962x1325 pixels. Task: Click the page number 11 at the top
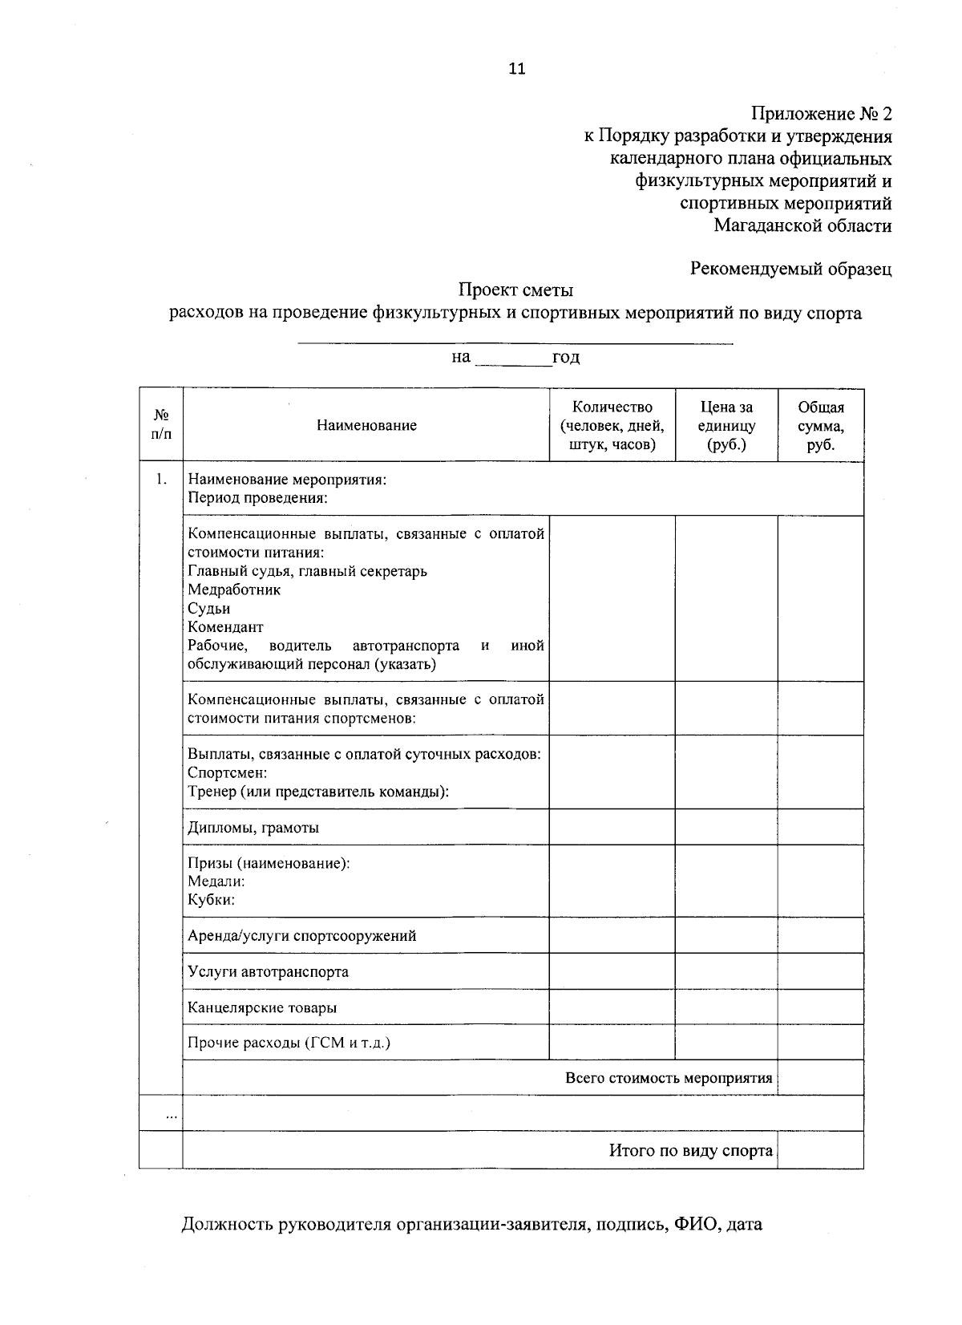tap(517, 69)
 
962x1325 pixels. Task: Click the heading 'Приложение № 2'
tap(821, 114)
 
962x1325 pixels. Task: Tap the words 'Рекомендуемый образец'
tap(790, 269)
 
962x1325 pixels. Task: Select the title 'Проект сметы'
tap(515, 290)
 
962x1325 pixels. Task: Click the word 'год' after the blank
tap(566, 357)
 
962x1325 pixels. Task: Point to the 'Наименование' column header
tap(366, 426)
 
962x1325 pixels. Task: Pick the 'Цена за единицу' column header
tap(726, 426)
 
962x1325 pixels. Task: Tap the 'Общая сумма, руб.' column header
tap(820, 426)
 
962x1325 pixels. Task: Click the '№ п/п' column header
tap(161, 425)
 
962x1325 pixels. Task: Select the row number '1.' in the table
tap(161, 480)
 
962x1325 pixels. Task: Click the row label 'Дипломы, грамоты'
tap(253, 828)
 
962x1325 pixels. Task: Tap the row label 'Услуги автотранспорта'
tap(268, 972)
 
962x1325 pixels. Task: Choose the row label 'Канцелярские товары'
tap(262, 1007)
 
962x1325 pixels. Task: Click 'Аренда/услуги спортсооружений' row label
tap(301, 936)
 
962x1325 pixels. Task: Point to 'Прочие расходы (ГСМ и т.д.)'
tap(289, 1043)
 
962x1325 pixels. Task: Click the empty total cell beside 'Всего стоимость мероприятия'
tap(820, 1078)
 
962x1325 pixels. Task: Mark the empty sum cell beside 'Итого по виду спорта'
tap(820, 1151)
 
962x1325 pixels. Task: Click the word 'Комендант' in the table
tap(225, 627)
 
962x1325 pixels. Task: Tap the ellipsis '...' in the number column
tap(171, 1115)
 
